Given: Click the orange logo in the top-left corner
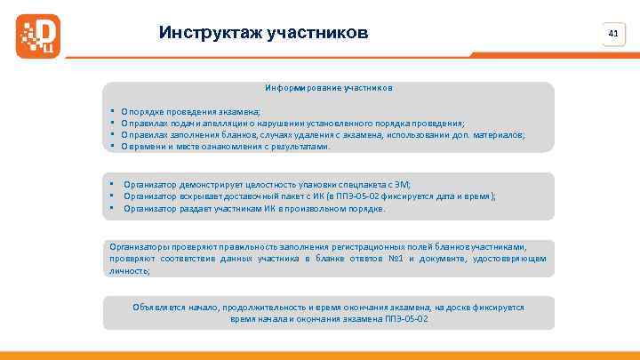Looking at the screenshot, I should (36, 35).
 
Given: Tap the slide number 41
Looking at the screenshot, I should (612, 33).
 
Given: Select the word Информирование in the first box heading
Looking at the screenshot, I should (295, 89).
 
